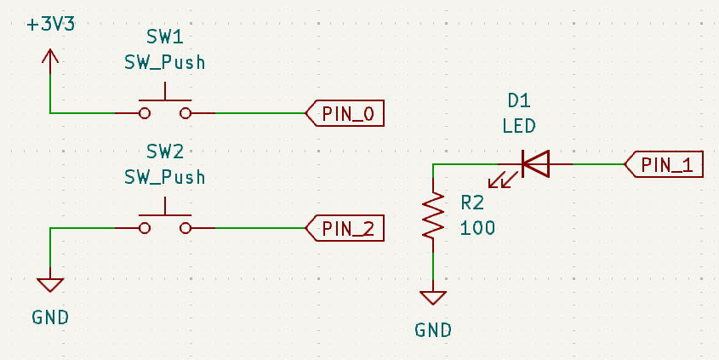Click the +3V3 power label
point(51,24)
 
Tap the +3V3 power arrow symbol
point(50,58)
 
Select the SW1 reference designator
point(165,38)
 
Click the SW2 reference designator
point(165,152)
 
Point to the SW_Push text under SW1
point(165,63)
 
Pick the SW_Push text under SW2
point(165,177)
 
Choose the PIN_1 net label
point(665,164)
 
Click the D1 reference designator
point(519,100)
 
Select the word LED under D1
point(519,126)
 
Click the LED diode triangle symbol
point(535,163)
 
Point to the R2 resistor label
point(472,203)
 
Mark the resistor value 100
point(477,227)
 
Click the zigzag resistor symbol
point(434,215)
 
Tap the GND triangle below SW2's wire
point(50,284)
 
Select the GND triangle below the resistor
point(433,298)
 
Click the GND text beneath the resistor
point(433,330)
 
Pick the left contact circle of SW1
point(145,112)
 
